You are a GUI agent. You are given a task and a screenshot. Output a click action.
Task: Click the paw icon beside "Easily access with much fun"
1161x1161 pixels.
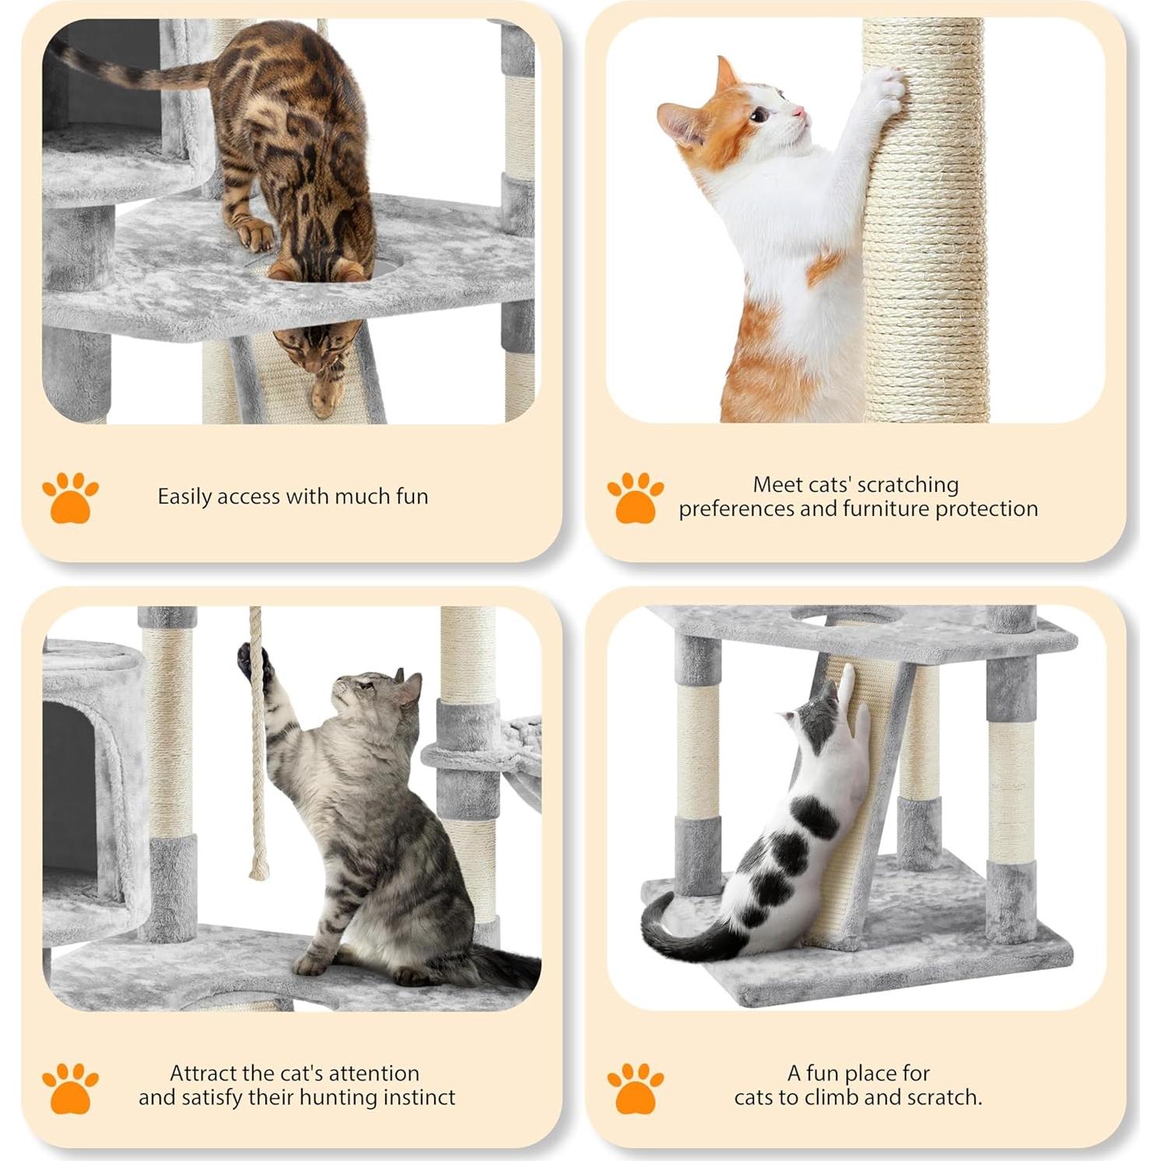point(70,497)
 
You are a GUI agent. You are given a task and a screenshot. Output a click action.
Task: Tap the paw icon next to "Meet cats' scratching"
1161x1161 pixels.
point(635,497)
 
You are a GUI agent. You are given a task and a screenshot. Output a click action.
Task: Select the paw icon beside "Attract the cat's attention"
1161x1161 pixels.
point(70,1088)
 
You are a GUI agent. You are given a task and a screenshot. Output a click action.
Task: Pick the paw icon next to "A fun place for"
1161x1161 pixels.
point(635,1088)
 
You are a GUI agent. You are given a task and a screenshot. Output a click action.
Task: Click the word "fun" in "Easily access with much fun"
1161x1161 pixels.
point(412,496)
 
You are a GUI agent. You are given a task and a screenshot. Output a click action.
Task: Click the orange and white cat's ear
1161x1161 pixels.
point(725,74)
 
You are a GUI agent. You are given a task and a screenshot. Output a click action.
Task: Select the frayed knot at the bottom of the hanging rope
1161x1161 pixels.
point(258,867)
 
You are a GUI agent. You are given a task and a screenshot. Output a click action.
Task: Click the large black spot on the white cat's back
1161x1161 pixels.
point(813,817)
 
